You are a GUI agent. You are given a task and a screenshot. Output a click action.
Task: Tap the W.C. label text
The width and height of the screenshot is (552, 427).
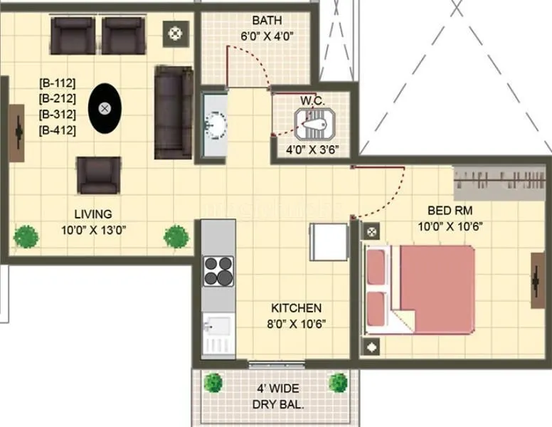(x=313, y=102)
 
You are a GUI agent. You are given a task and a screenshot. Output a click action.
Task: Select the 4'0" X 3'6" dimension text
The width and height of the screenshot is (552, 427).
(x=312, y=150)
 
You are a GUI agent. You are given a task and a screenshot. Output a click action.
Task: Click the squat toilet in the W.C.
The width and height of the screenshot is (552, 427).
(x=313, y=127)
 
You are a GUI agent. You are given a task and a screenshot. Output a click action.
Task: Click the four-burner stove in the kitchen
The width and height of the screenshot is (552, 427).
(x=218, y=270)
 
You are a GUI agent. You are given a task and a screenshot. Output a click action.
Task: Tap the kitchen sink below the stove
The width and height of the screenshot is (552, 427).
(x=217, y=330)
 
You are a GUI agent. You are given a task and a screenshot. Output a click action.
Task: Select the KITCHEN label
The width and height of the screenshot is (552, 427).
(x=296, y=309)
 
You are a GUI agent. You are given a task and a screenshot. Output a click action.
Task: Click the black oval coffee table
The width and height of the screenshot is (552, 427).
(x=105, y=108)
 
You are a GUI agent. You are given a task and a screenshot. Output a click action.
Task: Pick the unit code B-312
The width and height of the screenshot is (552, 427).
(x=58, y=115)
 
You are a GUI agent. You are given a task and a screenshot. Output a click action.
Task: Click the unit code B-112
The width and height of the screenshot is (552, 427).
(x=58, y=84)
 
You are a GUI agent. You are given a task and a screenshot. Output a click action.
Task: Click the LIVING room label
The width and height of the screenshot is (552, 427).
(x=94, y=213)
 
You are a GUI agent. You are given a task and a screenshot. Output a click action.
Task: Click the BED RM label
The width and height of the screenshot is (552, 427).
(x=450, y=211)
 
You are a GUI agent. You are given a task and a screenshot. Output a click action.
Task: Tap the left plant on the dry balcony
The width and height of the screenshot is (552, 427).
(x=213, y=383)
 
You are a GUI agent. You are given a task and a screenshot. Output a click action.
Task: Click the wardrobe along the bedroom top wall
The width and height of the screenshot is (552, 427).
(x=502, y=184)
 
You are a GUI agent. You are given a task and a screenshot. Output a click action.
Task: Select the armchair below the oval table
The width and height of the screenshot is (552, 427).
(x=99, y=175)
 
